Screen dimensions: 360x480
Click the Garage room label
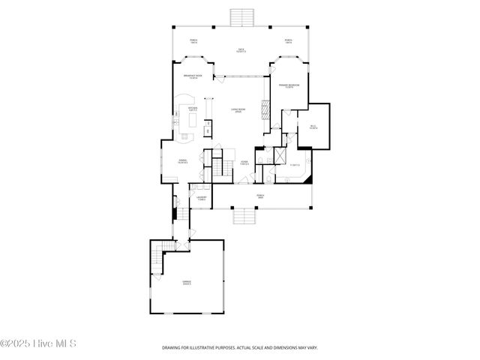pos(186,283)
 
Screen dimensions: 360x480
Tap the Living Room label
pos(236,111)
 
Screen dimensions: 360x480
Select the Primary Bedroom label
pos(289,87)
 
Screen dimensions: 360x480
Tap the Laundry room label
pos(202,199)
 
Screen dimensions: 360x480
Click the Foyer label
pos(244,163)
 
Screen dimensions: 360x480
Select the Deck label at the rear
pos(241,51)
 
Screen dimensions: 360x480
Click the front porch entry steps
pos(244,216)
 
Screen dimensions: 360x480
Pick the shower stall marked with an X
pos(279,156)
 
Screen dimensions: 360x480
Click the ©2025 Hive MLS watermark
pos(38,343)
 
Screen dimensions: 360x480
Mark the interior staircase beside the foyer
pos(218,166)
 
